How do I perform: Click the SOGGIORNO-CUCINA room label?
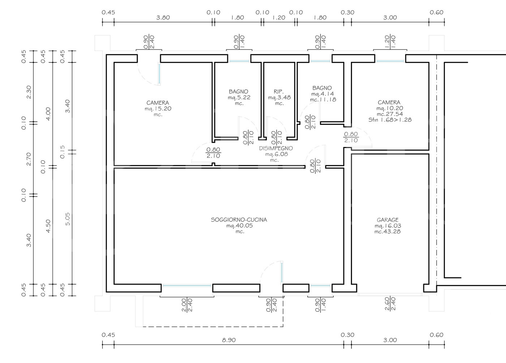pos(239,220)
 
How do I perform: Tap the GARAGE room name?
pos(387,220)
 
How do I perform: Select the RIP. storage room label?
pos(279,91)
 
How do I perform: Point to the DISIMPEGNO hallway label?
pos(276,148)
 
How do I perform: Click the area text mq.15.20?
pos(158,109)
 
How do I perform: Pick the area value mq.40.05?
pos(239,225)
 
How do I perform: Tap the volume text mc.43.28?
pos(387,232)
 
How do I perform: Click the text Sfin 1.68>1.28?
pos(390,120)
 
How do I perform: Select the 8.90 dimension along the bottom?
pos(228,340)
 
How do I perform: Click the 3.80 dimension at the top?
pos(163,17)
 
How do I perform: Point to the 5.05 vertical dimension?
pos(67,219)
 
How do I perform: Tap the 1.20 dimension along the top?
pos(279,17)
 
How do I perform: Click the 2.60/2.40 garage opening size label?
pos(390,304)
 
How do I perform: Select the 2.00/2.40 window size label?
pos(187,305)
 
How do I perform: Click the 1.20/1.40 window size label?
pos(390,42)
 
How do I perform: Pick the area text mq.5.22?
pos(239,98)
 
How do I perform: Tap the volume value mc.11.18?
pos(323,100)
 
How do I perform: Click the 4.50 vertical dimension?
pos(48,226)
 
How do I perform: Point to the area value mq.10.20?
pos(390,108)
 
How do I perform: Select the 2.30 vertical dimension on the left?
pos(29,92)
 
